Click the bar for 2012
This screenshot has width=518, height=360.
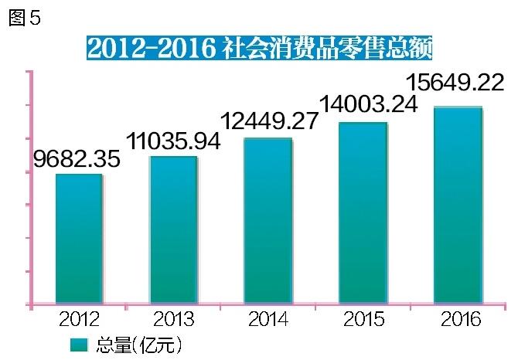coord(79,239)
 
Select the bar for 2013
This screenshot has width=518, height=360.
coord(173,230)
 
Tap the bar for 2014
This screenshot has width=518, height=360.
coord(268,222)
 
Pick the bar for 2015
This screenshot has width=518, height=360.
coord(363,213)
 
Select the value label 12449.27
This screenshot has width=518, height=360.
coord(269,121)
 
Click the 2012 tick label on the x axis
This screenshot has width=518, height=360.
coord(79,319)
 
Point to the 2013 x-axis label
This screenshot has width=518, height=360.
coord(173,319)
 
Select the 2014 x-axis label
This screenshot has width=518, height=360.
coord(269,319)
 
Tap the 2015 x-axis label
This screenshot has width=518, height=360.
coord(364,319)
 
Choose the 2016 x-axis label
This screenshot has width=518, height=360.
coord(459,319)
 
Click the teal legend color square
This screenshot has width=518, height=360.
coord(79,343)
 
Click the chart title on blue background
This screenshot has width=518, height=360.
coord(258,48)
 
